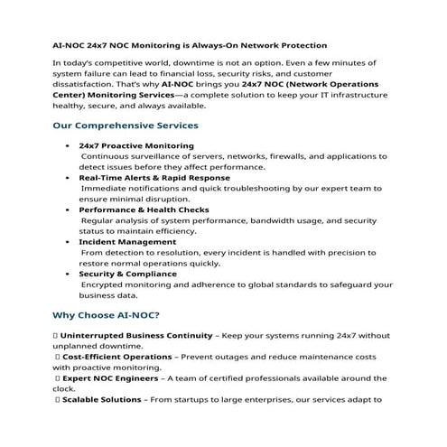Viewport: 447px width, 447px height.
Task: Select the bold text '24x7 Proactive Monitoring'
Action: pyautogui.click(x=136, y=144)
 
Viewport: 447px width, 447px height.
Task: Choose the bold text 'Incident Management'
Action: pyautogui.click(x=127, y=241)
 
